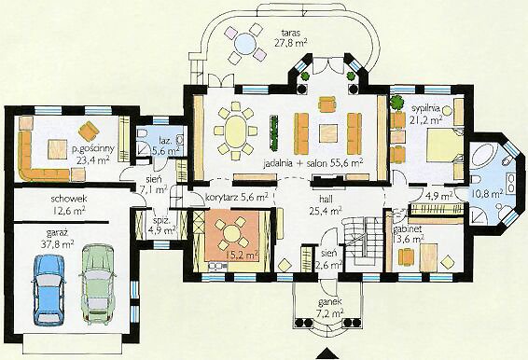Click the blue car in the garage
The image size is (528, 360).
pos(49,290)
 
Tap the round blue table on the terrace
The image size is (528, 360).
pos(245,44)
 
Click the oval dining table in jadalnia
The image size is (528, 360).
pos(235,130)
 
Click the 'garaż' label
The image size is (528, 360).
pos(58,233)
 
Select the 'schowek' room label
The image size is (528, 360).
pos(69,199)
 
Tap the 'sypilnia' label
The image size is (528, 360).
pos(425,109)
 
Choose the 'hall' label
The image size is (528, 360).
pos(326,200)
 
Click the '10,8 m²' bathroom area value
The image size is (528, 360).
pos(487,194)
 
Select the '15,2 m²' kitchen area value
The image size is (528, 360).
pos(241,256)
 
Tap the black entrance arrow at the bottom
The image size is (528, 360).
pos(327,354)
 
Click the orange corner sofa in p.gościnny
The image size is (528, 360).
pos(41,159)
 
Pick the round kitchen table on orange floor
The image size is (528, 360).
pos(231,233)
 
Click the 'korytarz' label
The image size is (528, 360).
pos(219,197)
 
